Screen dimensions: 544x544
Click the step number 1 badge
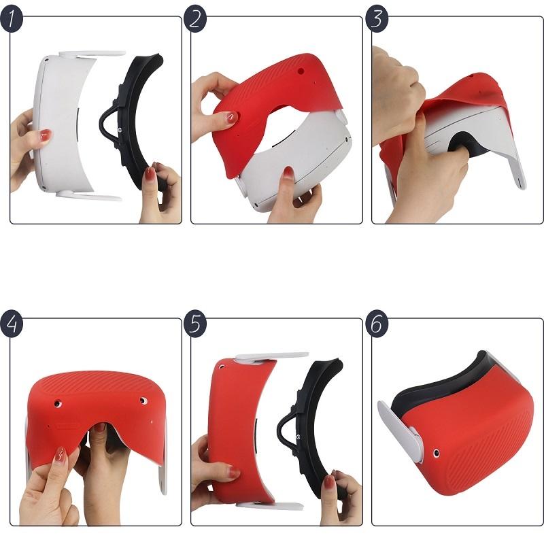(x=12, y=20)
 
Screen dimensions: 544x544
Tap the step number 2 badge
(x=195, y=20)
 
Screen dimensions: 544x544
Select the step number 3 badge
(x=377, y=20)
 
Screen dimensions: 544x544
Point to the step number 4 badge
(x=12, y=324)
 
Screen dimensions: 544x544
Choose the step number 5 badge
(x=195, y=324)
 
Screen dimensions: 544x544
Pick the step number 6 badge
(x=377, y=324)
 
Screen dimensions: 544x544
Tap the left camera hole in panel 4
(x=61, y=404)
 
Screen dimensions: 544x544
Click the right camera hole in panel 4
(x=143, y=401)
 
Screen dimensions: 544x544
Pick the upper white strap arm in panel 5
(x=272, y=356)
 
